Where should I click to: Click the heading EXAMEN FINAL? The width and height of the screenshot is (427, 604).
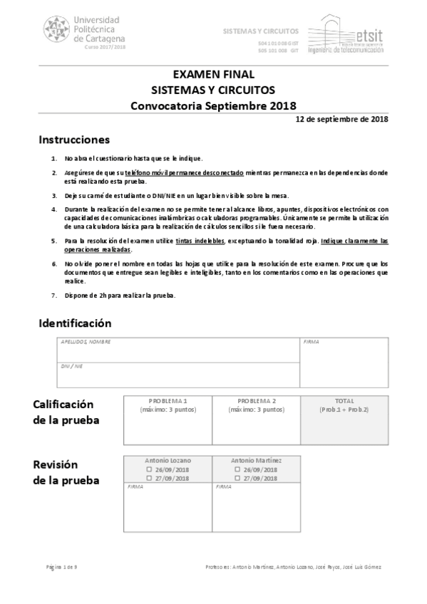[213, 74]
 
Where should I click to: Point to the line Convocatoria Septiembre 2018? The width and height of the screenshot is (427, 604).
[213, 105]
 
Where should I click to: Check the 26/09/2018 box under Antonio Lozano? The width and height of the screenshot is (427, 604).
[149, 470]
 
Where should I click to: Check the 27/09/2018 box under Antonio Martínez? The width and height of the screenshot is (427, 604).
[237, 479]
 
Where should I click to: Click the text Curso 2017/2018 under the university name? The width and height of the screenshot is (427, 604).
[105, 46]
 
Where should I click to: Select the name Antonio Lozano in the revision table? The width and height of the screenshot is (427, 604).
[168, 461]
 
